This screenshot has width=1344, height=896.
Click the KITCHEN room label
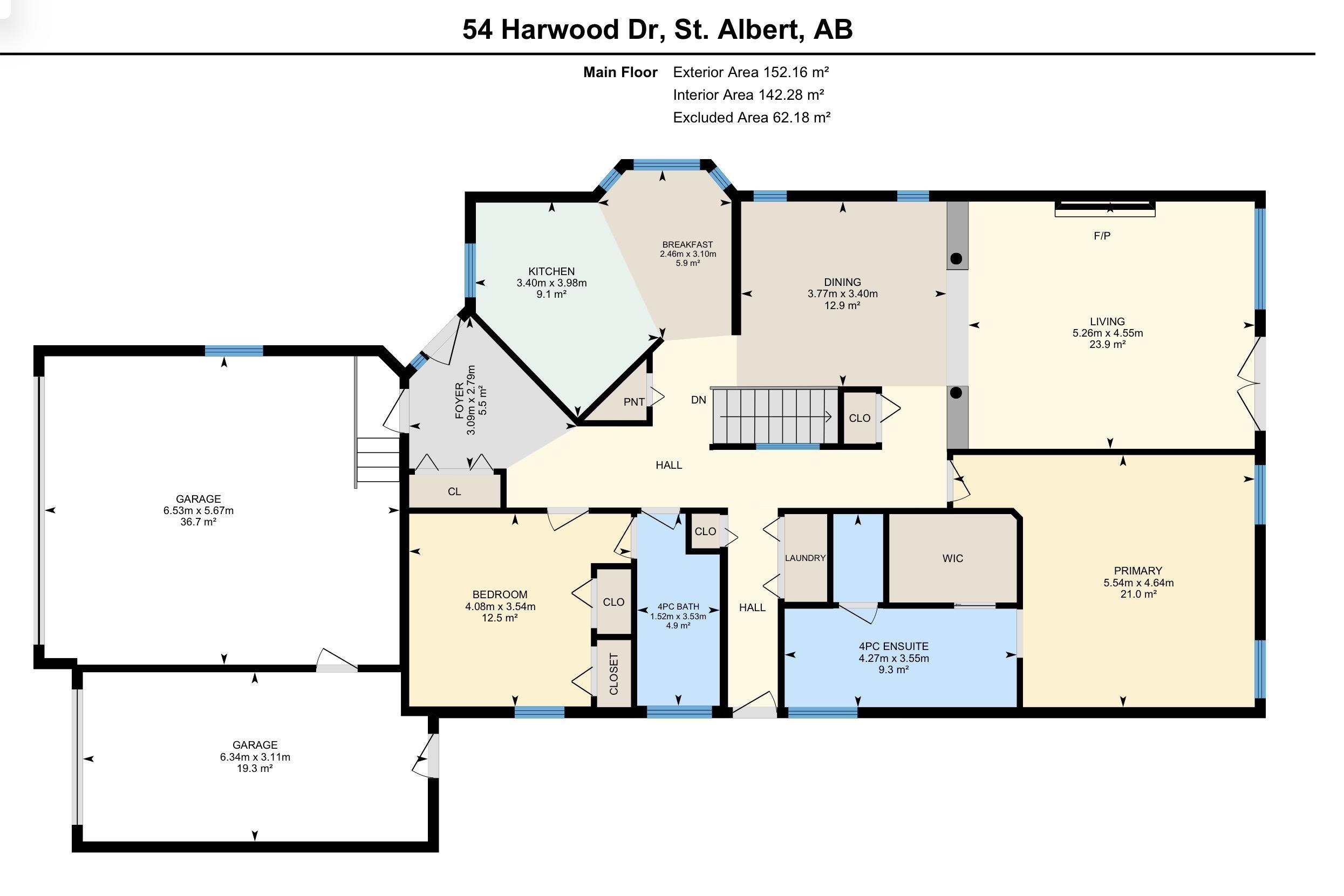(551, 271)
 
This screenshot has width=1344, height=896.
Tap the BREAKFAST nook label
(687, 244)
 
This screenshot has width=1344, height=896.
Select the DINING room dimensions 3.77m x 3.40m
(842, 293)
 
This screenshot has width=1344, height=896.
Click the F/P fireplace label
(1102, 235)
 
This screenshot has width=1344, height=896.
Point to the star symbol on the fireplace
(1110, 208)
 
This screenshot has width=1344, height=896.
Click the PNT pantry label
(634, 402)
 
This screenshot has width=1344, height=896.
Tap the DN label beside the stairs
(698, 400)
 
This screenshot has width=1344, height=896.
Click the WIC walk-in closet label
(953, 558)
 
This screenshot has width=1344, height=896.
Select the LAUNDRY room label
(805, 558)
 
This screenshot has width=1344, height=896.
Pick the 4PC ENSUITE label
(893, 646)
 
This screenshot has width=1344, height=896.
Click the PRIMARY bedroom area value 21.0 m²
(1138, 594)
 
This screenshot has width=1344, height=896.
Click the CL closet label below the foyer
(454, 491)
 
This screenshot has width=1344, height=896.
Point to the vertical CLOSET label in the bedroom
(613, 674)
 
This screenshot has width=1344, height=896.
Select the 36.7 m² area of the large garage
(199, 522)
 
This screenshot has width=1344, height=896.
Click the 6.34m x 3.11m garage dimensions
(255, 757)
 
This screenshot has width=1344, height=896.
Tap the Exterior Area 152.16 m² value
(751, 72)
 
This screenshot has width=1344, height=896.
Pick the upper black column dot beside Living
(956, 258)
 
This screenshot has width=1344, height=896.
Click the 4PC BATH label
(678, 607)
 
